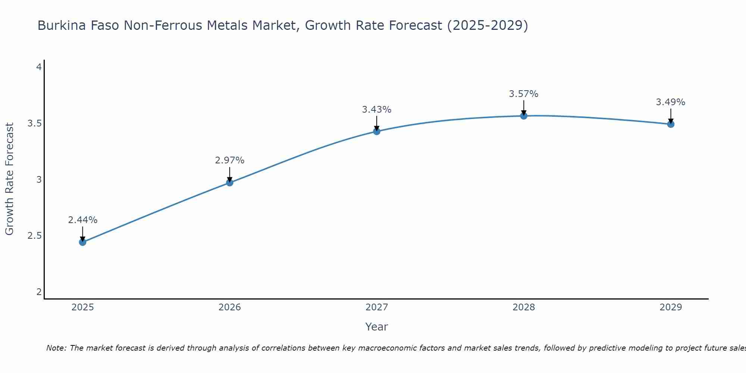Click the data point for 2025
tap(82, 242)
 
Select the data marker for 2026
tap(230, 182)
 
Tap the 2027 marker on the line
tap(377, 131)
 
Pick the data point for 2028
tap(524, 116)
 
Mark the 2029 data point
tap(671, 124)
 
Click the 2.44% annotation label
tap(82, 220)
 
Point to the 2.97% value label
tap(230, 160)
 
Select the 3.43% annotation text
tap(377, 110)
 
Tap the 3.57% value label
tap(524, 94)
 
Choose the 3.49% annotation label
tap(671, 102)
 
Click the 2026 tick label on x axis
tap(230, 307)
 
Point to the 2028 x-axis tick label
tap(524, 307)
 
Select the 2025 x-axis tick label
tap(82, 307)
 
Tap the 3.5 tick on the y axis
tap(34, 123)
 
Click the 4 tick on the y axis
tap(39, 67)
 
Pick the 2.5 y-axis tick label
tap(34, 236)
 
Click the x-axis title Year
tap(377, 327)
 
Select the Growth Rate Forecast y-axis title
tap(9, 179)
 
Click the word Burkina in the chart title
tap(60, 26)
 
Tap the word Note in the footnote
tap(56, 348)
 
